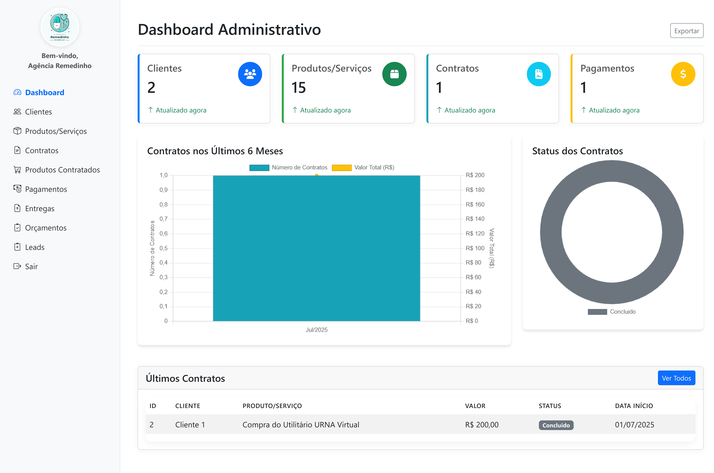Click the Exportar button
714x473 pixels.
tap(686, 31)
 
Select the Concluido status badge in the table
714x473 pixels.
tap(556, 425)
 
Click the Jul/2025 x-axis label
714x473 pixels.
tap(316, 330)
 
